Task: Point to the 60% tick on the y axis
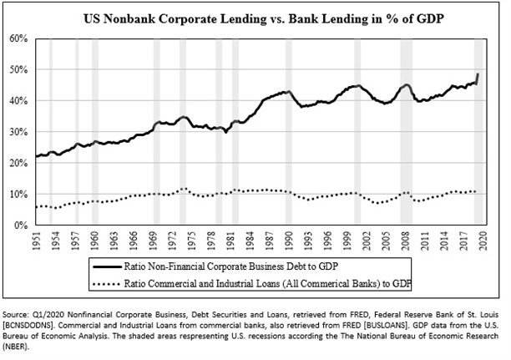(x=20, y=38)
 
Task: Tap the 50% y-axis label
(x=20, y=69)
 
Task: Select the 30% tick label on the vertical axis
(x=20, y=132)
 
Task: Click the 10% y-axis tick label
(x=20, y=194)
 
